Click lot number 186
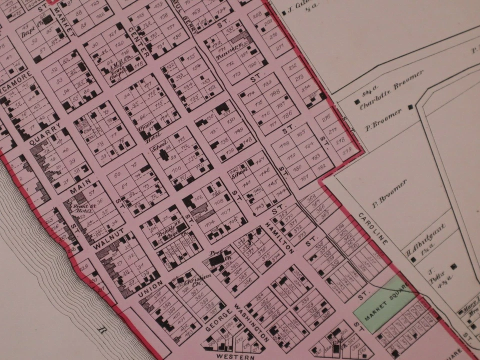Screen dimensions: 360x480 point(287,114)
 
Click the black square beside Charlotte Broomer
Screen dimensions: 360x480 point(356,102)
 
